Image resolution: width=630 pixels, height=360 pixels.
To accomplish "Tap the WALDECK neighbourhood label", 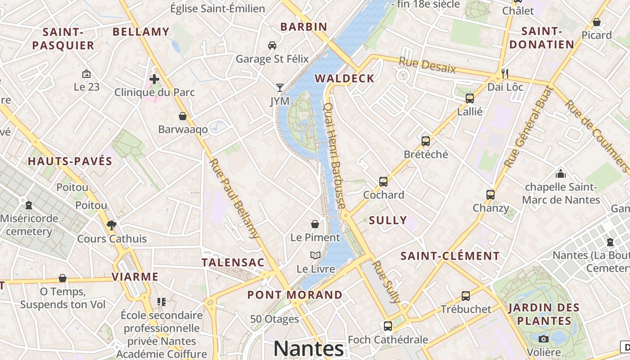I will click(x=344, y=78).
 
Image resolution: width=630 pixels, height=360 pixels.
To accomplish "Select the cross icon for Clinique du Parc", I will click(x=154, y=79).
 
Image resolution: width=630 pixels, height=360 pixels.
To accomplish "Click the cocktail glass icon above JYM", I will click(x=280, y=87).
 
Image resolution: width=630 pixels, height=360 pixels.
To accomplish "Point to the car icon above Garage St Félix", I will click(x=272, y=45).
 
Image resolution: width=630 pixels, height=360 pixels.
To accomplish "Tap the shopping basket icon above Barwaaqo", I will click(x=183, y=116).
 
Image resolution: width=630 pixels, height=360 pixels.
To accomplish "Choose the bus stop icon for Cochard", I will click(x=383, y=181).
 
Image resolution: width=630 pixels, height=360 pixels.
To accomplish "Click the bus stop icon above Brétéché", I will click(x=426, y=141).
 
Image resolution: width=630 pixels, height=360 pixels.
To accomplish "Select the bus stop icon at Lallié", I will click(x=470, y=98).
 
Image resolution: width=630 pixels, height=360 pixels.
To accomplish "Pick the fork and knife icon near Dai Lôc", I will click(x=505, y=73).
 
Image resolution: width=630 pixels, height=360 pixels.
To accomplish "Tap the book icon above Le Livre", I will click(x=315, y=255).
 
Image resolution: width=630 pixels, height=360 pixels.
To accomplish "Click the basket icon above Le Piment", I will click(x=315, y=224).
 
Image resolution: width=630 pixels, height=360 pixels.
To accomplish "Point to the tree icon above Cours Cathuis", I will click(x=112, y=225).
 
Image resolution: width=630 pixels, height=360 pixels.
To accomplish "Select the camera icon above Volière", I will click(x=544, y=339).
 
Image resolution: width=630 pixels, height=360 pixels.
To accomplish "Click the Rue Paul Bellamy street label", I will click(x=234, y=198).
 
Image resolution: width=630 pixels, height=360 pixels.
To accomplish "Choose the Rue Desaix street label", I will click(x=427, y=65).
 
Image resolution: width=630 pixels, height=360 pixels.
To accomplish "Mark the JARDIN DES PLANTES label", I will click(x=544, y=314).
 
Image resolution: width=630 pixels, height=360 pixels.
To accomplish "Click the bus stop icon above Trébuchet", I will click(x=466, y=296).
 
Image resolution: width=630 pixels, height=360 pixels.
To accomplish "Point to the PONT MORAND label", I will click(x=295, y=295).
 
